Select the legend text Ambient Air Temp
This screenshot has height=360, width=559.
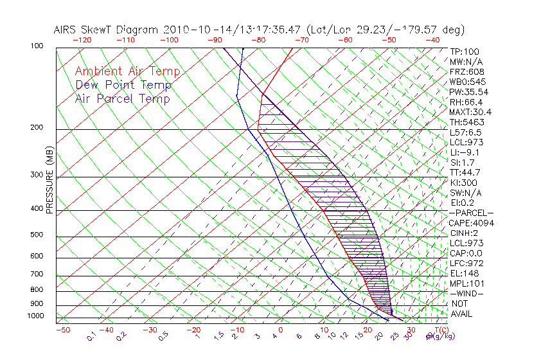tap(127, 71)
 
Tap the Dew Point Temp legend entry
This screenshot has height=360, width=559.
tap(123, 85)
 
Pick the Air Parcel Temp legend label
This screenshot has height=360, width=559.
tap(122, 98)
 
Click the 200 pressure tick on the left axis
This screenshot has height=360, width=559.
tap(38, 127)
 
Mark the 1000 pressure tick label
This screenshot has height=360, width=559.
tap(36, 316)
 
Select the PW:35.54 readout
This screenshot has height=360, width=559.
tap(469, 92)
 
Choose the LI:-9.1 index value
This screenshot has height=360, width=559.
tap(464, 152)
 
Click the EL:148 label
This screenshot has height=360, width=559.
tap(463, 273)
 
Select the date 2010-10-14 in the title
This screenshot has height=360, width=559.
tap(190, 30)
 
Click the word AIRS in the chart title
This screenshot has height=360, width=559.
tap(66, 30)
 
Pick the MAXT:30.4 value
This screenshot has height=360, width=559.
tap(470, 112)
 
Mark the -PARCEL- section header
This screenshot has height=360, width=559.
tap(471, 213)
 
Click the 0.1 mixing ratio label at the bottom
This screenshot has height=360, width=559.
tap(92, 334)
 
